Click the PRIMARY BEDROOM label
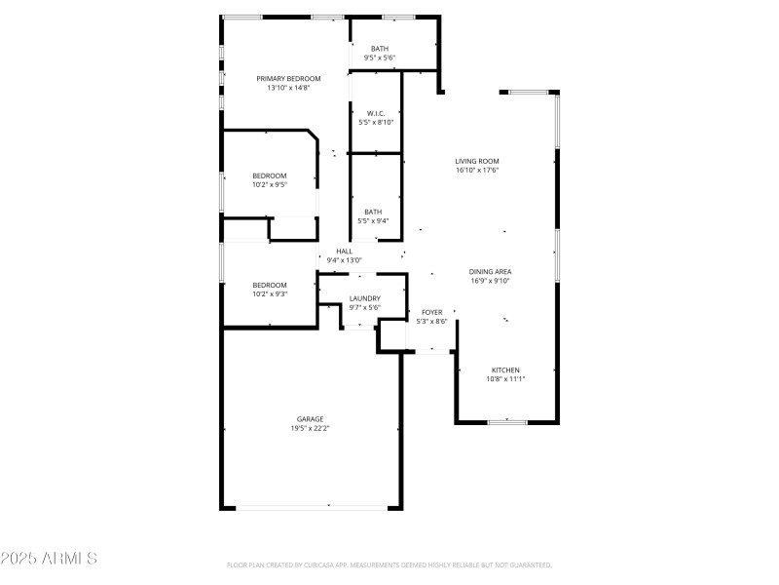pyautogui.click(x=288, y=79)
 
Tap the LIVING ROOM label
pyautogui.click(x=477, y=161)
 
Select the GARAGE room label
pyautogui.click(x=311, y=419)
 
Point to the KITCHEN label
pyautogui.click(x=505, y=370)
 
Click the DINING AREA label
pyautogui.click(x=490, y=272)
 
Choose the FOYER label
pyautogui.click(x=431, y=312)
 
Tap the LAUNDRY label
pyautogui.click(x=365, y=298)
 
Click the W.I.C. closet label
pyautogui.click(x=376, y=113)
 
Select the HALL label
pyautogui.click(x=345, y=252)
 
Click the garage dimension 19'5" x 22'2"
pyautogui.click(x=311, y=428)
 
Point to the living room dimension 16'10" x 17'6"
pyautogui.click(x=477, y=170)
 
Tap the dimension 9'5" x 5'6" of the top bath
pyautogui.click(x=380, y=58)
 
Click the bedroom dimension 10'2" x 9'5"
pyautogui.click(x=270, y=184)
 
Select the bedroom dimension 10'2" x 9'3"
pyautogui.click(x=270, y=293)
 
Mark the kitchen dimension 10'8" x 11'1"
pyautogui.click(x=505, y=379)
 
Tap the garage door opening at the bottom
pyautogui.click(x=311, y=506)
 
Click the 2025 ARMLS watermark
pyautogui.click(x=49, y=559)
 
